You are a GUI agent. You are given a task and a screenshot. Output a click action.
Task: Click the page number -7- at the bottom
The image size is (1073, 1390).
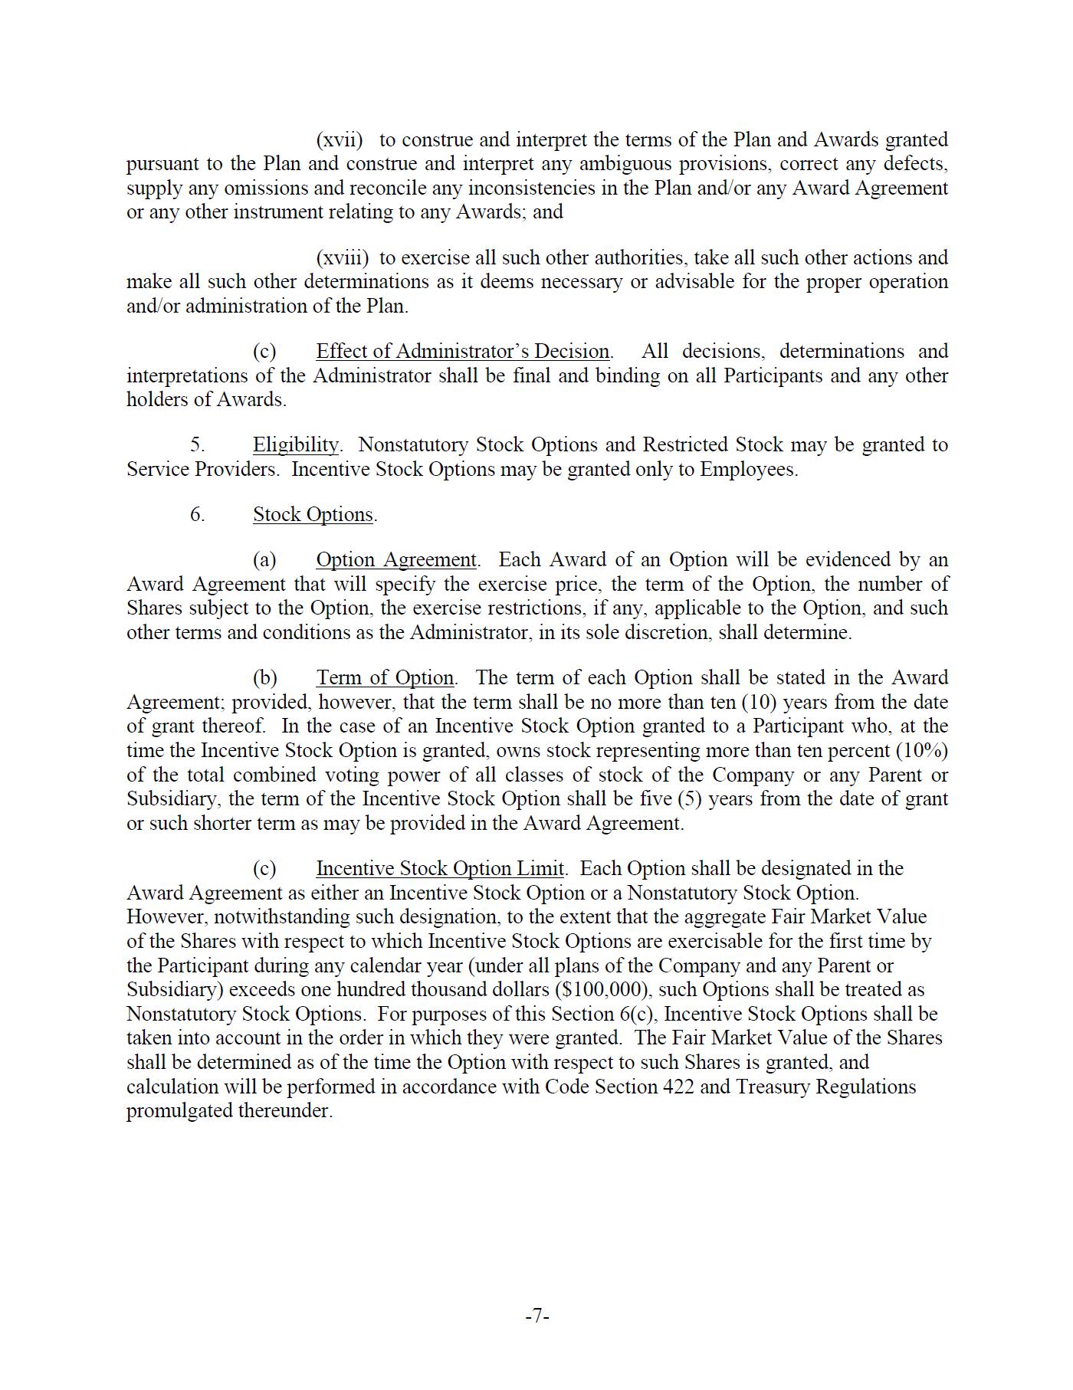click(x=537, y=1316)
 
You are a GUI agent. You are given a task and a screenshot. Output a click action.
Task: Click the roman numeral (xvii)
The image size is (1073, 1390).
click(x=340, y=140)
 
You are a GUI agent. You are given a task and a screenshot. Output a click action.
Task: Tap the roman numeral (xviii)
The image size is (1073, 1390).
click(x=342, y=258)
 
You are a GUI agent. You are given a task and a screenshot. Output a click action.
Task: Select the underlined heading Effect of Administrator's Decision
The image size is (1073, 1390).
click(x=463, y=352)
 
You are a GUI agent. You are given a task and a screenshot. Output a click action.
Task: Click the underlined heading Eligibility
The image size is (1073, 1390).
click(x=296, y=445)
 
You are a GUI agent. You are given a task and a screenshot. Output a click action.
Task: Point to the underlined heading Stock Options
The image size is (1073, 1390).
click(x=313, y=514)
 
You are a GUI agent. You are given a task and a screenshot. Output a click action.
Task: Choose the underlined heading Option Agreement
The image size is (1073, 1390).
click(x=396, y=560)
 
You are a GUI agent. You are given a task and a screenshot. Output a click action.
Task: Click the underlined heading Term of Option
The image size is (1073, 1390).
click(x=386, y=678)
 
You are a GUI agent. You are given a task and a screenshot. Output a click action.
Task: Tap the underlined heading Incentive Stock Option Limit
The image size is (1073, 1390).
click(x=440, y=869)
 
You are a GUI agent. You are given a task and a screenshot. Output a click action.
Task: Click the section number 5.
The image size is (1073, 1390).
click(x=198, y=445)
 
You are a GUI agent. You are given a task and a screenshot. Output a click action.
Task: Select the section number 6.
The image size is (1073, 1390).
click(x=198, y=514)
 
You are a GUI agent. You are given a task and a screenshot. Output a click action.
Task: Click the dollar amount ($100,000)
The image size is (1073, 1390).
click(x=603, y=990)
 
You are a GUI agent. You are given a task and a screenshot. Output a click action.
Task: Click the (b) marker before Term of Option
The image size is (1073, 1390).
click(x=265, y=678)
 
